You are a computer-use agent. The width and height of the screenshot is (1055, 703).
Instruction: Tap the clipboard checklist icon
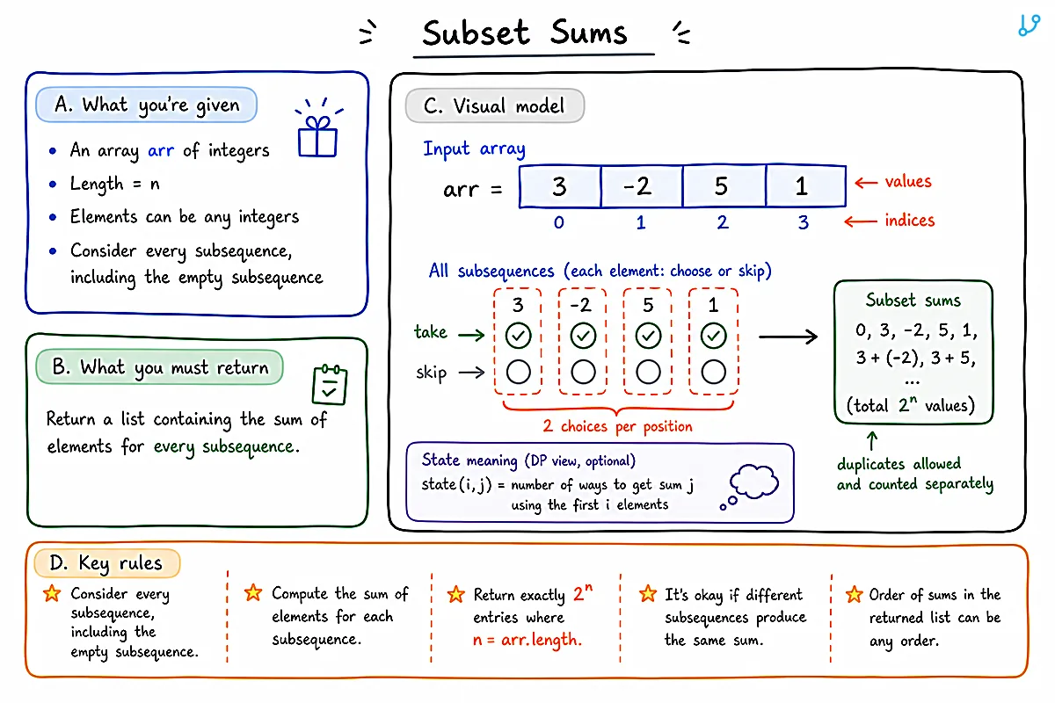click(x=330, y=384)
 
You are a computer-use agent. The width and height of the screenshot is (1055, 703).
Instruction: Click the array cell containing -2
click(x=642, y=186)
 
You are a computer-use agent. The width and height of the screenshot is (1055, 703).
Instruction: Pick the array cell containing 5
click(x=724, y=186)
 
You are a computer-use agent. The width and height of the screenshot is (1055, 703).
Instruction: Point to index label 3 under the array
click(x=803, y=222)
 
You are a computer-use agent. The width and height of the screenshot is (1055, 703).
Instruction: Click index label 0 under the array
click(x=558, y=222)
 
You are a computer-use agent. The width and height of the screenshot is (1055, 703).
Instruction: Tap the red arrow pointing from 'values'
click(x=866, y=182)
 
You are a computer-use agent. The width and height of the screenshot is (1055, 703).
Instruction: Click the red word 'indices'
click(x=909, y=221)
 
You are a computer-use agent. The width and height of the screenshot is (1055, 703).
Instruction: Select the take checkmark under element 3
click(x=518, y=336)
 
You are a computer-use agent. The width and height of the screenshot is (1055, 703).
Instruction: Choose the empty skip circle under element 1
click(x=713, y=372)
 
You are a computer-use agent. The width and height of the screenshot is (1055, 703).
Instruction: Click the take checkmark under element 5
click(x=648, y=336)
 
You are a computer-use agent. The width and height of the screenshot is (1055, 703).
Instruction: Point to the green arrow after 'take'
click(x=471, y=335)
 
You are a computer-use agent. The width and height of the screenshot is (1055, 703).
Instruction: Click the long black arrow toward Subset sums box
click(x=788, y=337)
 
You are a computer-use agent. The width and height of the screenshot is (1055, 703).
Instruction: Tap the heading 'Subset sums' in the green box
click(x=913, y=301)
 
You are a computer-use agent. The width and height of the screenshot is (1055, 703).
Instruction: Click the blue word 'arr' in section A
click(x=161, y=151)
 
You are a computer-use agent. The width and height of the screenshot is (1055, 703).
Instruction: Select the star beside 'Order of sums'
click(x=854, y=595)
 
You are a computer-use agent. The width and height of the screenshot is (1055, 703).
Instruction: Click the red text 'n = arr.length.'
click(x=527, y=640)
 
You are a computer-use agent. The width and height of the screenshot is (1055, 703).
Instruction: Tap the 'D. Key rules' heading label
click(x=107, y=563)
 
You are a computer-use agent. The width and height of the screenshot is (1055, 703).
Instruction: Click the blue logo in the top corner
click(x=1029, y=25)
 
